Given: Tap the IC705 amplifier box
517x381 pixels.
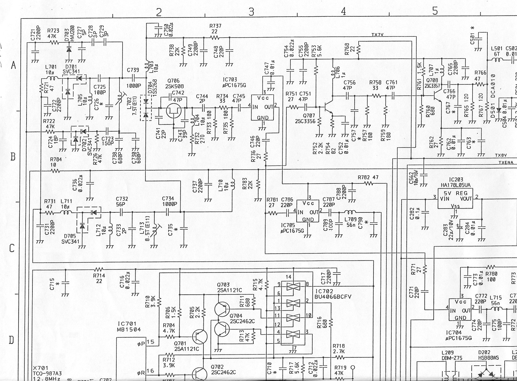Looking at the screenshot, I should click(307, 211).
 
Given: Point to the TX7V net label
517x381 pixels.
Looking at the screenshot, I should click(377, 35).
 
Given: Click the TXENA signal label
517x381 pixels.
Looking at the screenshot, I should click(505, 163).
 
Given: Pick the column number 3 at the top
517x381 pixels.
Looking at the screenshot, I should click(251, 11).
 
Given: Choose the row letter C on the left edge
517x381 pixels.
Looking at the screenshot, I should click(12, 248).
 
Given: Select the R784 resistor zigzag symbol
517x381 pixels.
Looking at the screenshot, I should click(54, 171).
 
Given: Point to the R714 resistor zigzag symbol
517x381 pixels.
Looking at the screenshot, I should click(99, 269).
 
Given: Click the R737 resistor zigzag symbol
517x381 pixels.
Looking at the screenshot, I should click(215, 38).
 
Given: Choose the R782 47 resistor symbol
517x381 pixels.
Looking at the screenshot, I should click(368, 183).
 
